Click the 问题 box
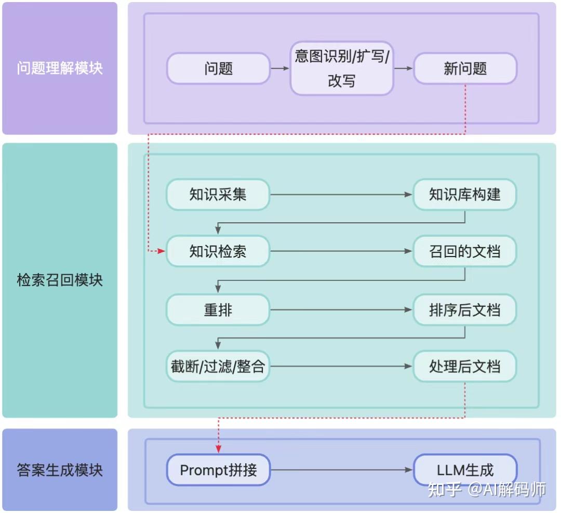click(218, 69)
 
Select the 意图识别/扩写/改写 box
click(341, 69)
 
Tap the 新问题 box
click(465, 69)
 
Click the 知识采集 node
click(218, 195)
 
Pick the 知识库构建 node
click(465, 195)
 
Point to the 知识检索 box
click(218, 251)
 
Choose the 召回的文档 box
click(465, 251)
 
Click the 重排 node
click(218, 310)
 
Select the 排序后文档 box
click(465, 310)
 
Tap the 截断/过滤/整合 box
click(218, 367)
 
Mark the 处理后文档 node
click(465, 367)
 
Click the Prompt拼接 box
click(218, 470)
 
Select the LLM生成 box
click(465, 470)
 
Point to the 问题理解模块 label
click(60, 69)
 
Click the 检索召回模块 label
click(60, 280)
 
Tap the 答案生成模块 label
click(60, 470)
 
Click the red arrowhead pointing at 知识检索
click(161, 251)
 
